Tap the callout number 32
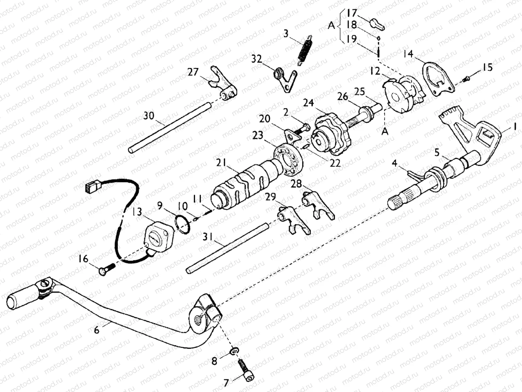point(256,59)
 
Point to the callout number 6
point(97,330)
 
